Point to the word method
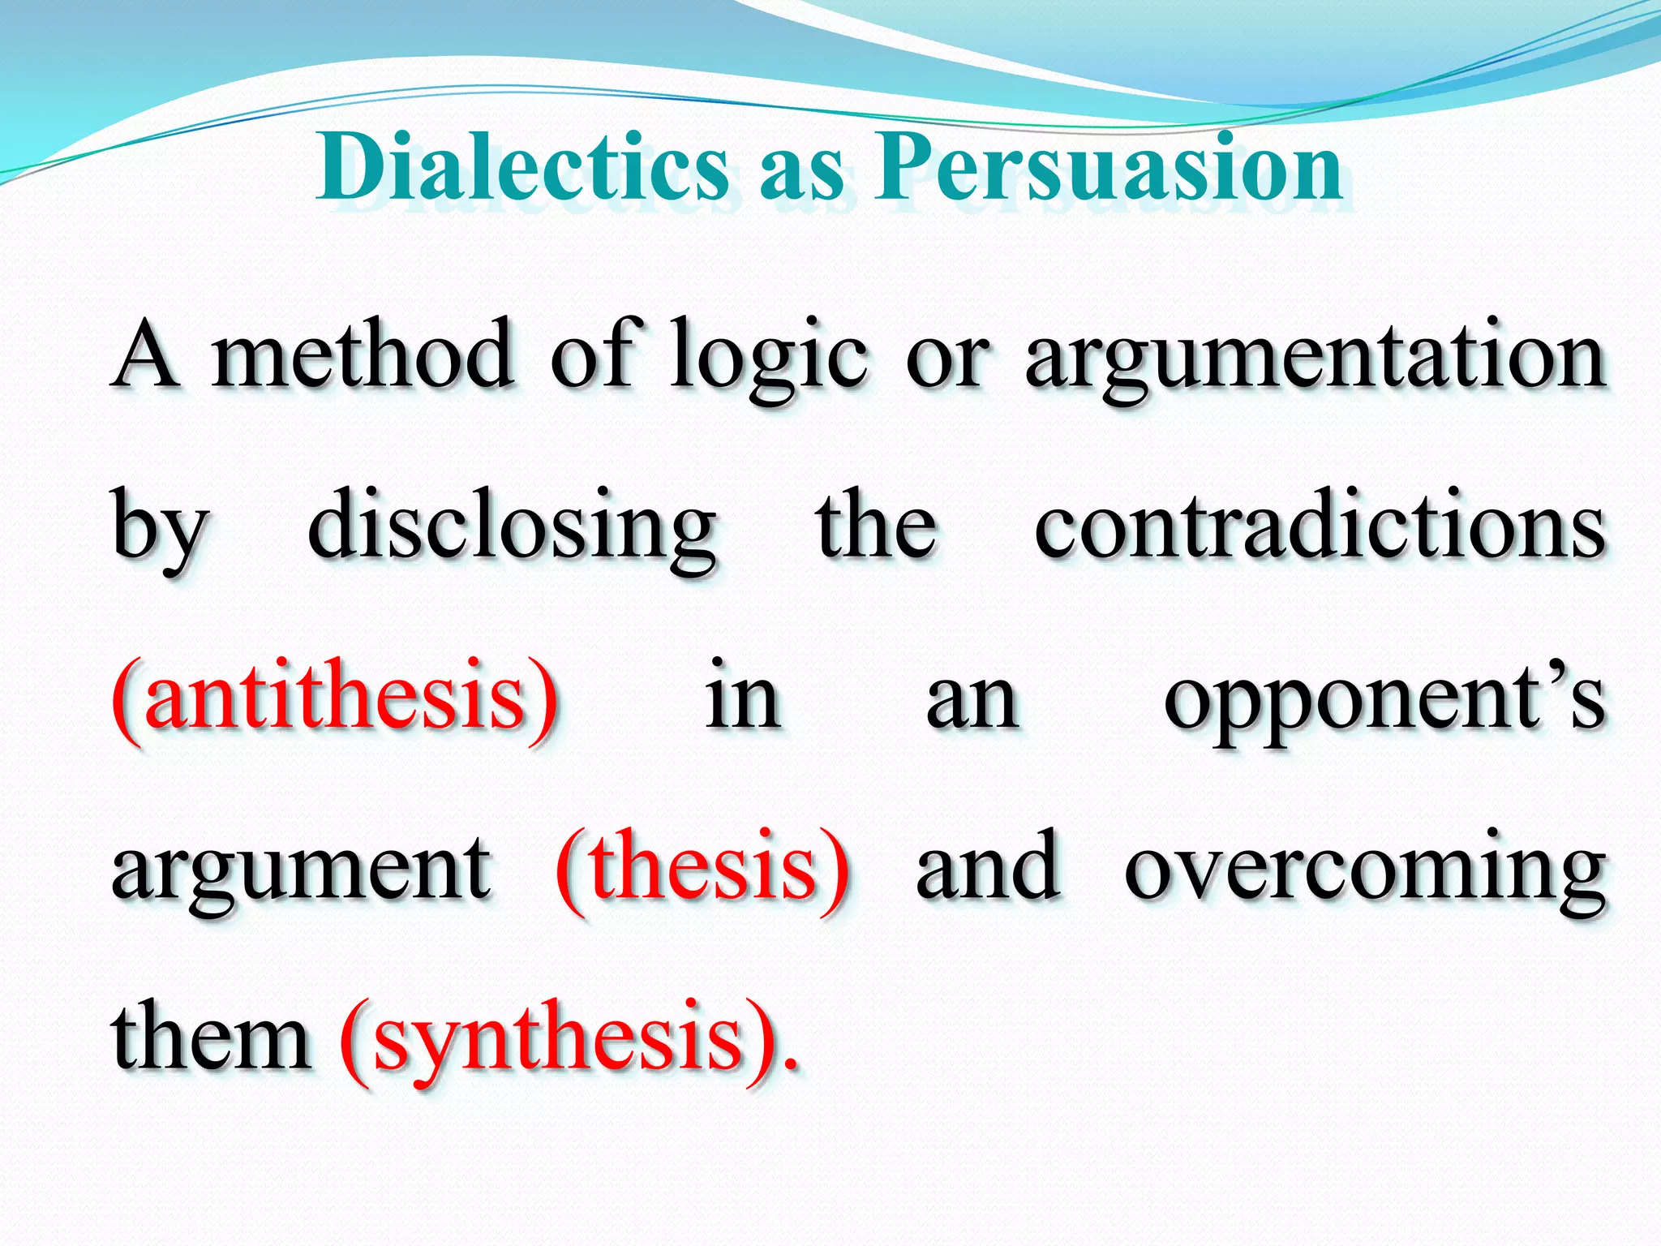tap(363, 355)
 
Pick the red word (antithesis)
tap(336, 699)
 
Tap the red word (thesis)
tap(702, 870)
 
